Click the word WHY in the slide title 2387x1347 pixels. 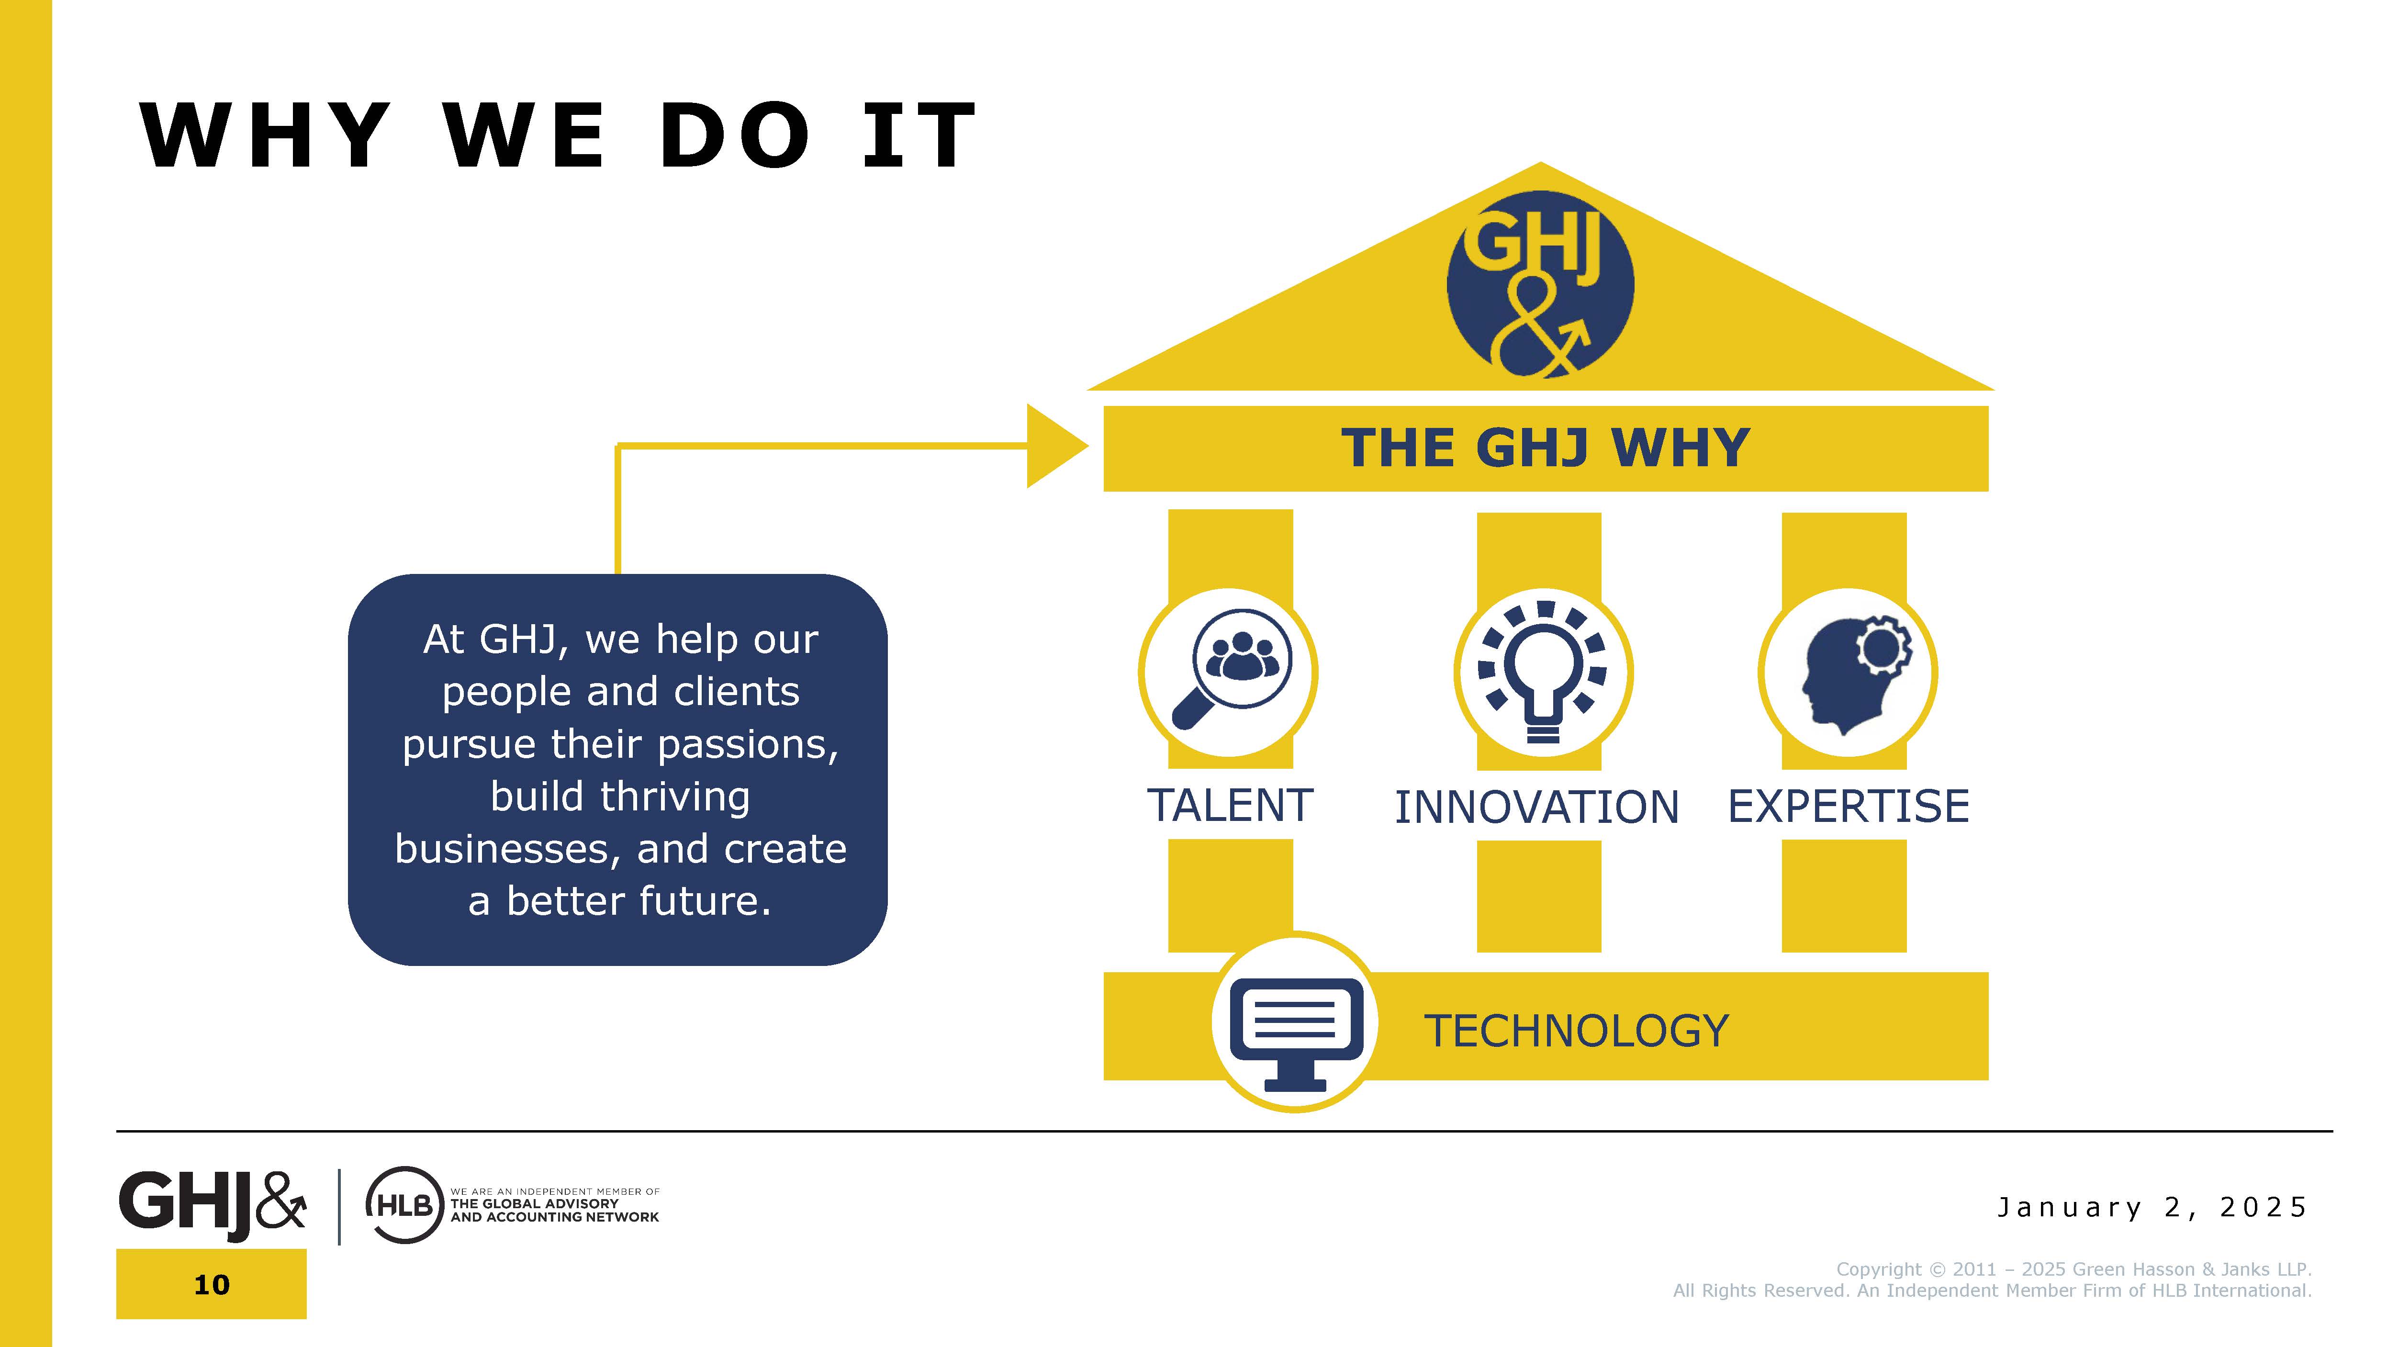point(265,135)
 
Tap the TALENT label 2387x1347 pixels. point(1230,805)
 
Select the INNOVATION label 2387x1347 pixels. point(1536,807)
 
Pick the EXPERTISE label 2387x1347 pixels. point(1848,806)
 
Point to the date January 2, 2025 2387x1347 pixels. point(2152,1207)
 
